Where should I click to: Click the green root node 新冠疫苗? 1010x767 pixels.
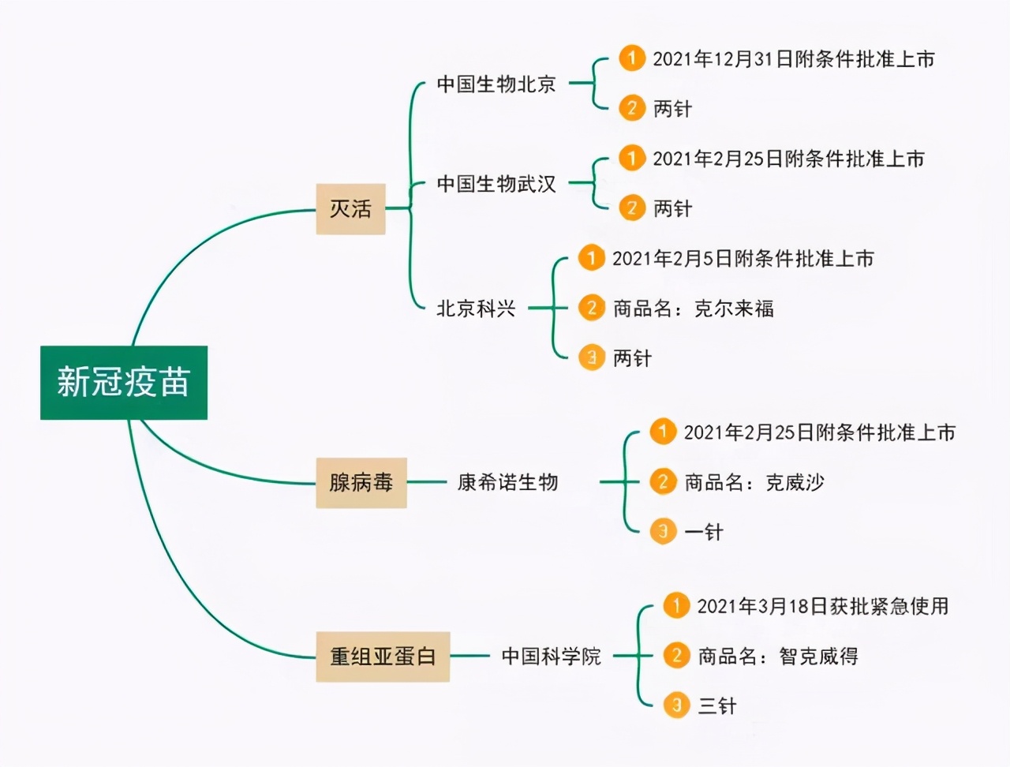click(x=124, y=383)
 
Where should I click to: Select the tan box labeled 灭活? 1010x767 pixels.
click(x=350, y=208)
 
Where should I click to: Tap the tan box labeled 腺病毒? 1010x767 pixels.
click(x=361, y=482)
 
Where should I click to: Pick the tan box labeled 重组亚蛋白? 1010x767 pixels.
click(x=383, y=656)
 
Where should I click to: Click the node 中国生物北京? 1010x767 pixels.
click(x=496, y=84)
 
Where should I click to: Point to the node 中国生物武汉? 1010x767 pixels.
click(x=496, y=184)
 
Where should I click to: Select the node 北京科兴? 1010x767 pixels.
click(x=476, y=309)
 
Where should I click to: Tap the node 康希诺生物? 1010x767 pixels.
click(x=507, y=482)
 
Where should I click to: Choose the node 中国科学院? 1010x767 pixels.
click(x=551, y=656)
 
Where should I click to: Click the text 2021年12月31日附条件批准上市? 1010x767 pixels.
click(x=793, y=59)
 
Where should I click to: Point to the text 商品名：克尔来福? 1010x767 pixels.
click(x=694, y=309)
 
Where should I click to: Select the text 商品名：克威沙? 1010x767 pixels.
click(x=754, y=482)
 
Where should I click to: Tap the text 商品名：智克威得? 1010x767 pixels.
click(x=778, y=656)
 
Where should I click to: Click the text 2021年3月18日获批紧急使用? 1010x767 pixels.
click(x=823, y=606)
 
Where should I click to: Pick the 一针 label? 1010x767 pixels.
click(x=703, y=532)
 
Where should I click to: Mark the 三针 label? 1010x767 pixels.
click(x=716, y=705)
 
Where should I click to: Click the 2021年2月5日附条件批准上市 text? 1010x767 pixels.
click(x=743, y=259)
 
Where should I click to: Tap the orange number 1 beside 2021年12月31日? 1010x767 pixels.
click(x=631, y=58)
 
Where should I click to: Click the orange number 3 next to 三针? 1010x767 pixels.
click(x=676, y=705)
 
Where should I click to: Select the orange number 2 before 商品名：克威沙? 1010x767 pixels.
click(x=663, y=481)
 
